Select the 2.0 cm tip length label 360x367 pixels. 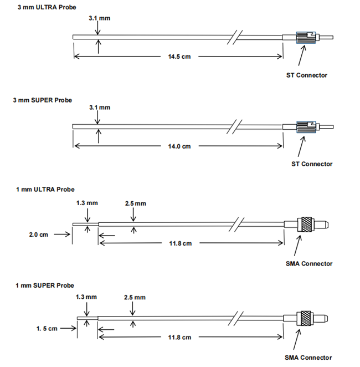point(39,235)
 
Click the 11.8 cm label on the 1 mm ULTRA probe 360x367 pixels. point(180,243)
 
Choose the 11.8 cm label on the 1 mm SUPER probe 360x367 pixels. point(180,337)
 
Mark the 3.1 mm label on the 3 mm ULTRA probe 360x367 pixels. point(100,18)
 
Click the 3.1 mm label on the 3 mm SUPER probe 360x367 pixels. point(100,107)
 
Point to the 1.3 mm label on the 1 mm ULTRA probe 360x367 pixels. point(87,203)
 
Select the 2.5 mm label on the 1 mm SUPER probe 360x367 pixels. point(135,297)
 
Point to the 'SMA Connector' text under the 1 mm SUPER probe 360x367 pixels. point(308,358)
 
